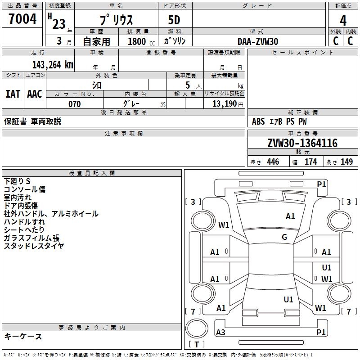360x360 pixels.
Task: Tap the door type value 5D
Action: point(174,21)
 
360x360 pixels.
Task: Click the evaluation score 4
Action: point(343,21)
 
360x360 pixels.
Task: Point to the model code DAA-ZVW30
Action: point(258,41)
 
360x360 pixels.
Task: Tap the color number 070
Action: point(74,104)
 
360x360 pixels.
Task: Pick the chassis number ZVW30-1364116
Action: point(302,143)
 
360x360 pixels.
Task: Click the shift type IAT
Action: point(13,94)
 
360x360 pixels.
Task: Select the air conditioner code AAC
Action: point(34,94)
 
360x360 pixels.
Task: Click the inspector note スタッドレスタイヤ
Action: point(34,246)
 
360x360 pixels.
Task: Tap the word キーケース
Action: point(23,336)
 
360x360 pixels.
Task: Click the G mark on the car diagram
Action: point(284,237)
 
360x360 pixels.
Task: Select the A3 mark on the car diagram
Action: point(220,333)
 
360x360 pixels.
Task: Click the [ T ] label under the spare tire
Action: point(197,344)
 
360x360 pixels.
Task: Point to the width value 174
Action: point(310,162)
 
